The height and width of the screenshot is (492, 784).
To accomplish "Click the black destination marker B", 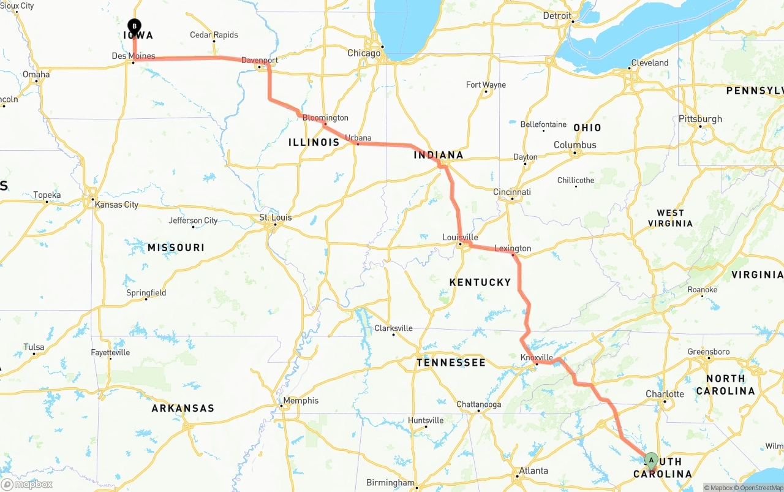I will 134,26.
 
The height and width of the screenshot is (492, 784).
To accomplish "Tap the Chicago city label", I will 364,53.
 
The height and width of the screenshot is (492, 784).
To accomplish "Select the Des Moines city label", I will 134,56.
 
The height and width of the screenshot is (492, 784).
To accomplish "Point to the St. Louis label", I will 276,218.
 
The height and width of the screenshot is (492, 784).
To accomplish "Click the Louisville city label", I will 460,237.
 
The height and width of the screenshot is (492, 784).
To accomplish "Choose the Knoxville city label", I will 537,358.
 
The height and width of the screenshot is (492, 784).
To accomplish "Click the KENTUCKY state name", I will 480,282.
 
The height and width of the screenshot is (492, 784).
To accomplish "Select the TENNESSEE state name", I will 451,363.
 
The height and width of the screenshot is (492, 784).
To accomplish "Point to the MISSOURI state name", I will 176,248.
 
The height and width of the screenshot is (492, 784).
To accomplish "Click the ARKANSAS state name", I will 183,408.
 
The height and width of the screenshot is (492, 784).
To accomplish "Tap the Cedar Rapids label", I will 214,35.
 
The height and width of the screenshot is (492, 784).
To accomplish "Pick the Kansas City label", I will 116,205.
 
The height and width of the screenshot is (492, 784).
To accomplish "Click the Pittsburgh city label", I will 700,119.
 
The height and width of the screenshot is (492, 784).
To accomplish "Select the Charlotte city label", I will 665,394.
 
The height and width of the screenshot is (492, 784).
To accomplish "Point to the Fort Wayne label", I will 486,85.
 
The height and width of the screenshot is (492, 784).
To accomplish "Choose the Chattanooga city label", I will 479,404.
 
